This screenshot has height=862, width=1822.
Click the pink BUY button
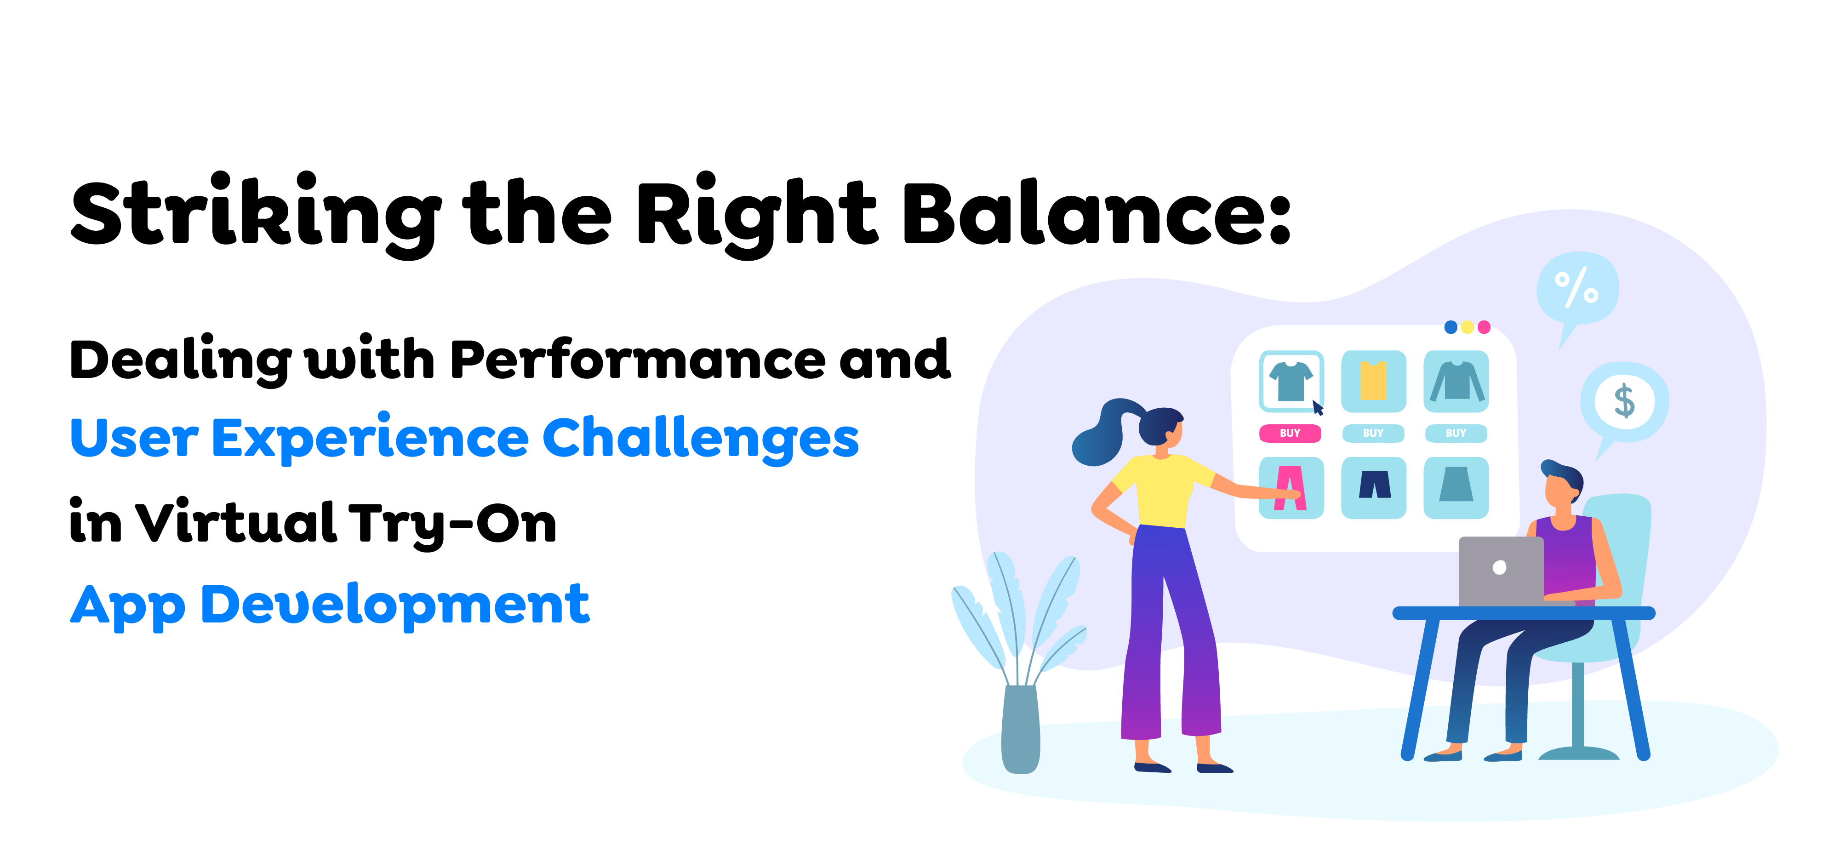point(1290,433)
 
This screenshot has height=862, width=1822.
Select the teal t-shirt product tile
point(1291,381)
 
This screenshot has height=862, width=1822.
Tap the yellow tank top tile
point(1374,381)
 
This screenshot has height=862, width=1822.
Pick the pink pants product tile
point(1291,488)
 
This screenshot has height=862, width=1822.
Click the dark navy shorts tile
point(1374,488)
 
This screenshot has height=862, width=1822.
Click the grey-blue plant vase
point(1021,728)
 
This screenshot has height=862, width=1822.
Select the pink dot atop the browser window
point(1484,327)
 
